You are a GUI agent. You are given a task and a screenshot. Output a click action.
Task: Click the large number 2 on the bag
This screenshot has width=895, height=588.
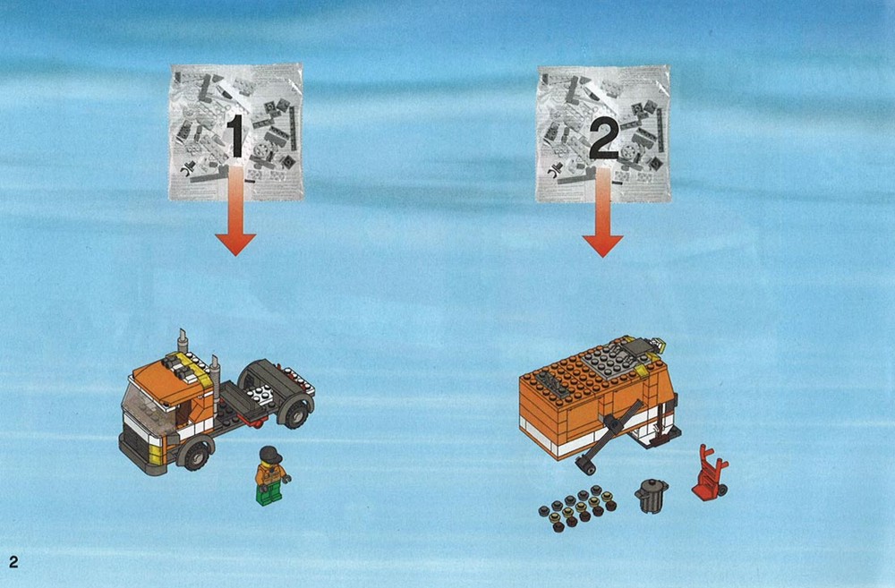pos(603,138)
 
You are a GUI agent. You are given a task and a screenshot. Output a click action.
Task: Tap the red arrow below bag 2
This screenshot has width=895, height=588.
pos(602,211)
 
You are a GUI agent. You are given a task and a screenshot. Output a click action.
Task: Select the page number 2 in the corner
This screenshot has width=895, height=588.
pos(13,562)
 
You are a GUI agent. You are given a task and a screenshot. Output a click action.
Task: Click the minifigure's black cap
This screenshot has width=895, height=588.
pos(271,455)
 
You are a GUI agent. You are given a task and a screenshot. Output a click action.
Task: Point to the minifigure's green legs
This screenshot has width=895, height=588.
pos(269,494)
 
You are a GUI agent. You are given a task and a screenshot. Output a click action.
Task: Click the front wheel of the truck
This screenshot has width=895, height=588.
pos(195,455)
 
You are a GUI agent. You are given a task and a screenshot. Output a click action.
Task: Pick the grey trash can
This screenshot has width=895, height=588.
pos(652,496)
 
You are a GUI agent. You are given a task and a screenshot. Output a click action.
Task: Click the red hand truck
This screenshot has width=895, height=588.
pos(710,473)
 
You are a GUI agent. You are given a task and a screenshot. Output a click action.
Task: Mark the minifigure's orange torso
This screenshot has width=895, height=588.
pos(270,475)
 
